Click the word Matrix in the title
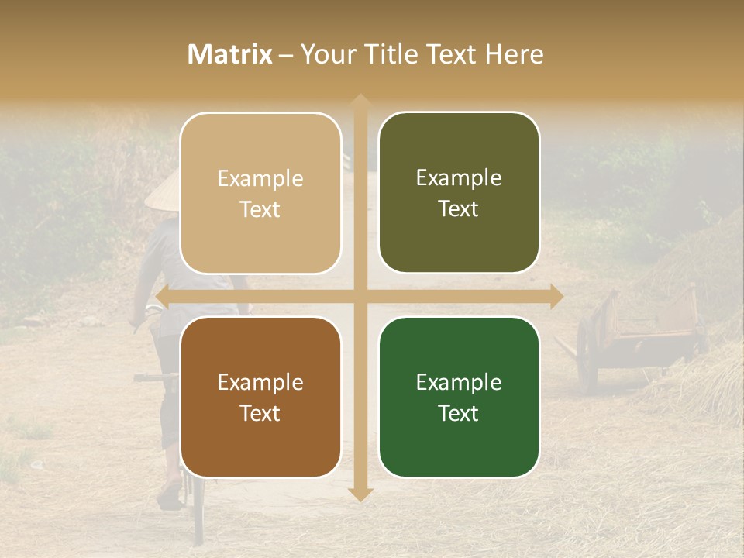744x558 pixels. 230,54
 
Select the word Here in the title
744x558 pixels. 514,54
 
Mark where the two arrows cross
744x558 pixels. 359,296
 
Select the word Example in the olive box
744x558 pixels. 459,178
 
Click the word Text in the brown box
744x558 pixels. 260,413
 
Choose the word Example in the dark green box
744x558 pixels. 459,382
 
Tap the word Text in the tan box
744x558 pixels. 260,209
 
